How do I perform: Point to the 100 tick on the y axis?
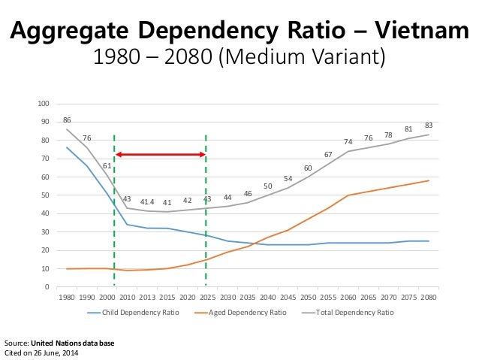pos(44,104)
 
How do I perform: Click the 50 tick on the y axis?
pos(46,195)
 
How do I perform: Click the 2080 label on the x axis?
pos(429,296)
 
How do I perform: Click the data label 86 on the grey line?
pos(67,120)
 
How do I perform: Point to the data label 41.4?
pos(147,202)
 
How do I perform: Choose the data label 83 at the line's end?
pos(429,126)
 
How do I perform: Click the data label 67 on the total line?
pos(328,154)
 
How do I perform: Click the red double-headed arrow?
pos(160,154)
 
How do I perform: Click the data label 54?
pos(288,178)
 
